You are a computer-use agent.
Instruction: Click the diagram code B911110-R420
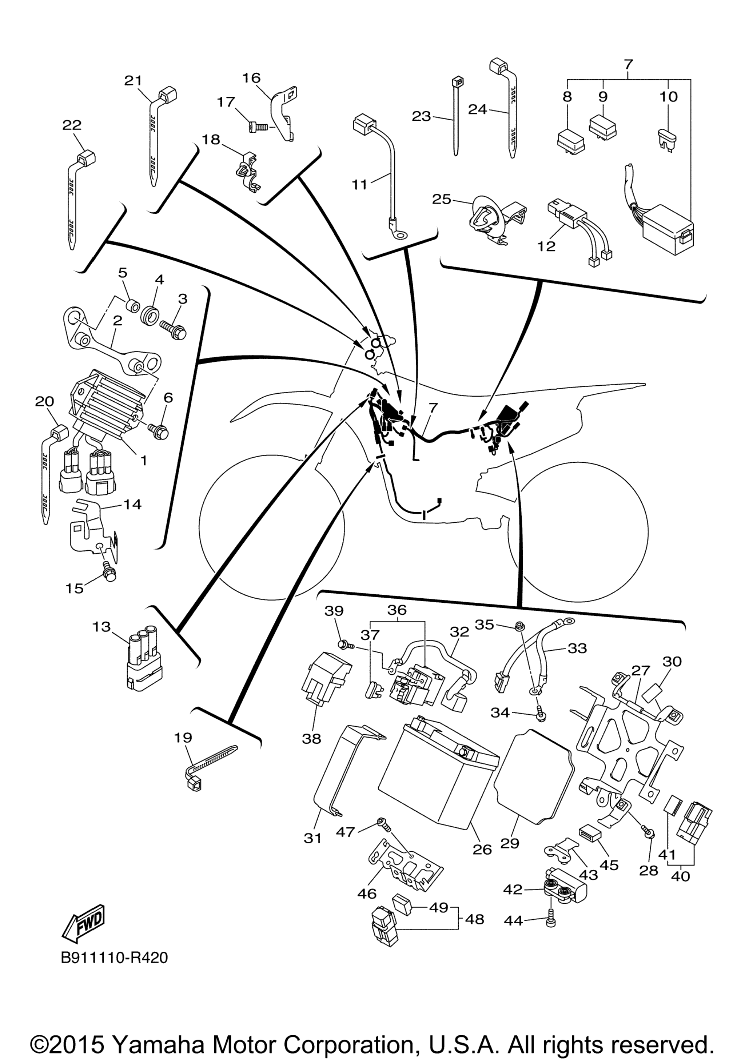click(115, 958)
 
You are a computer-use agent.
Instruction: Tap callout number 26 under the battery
click(482, 848)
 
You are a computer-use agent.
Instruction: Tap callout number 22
click(72, 125)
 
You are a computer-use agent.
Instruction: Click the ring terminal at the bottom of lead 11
click(397, 233)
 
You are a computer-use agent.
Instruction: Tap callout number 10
click(668, 96)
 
